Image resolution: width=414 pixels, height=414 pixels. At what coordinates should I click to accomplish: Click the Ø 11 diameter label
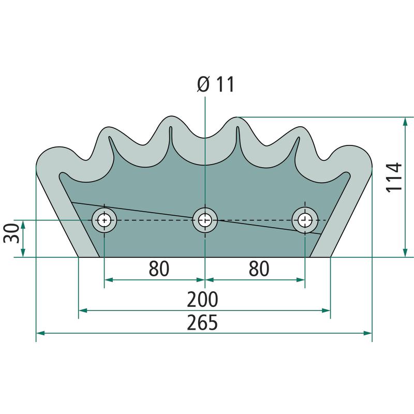tap(216, 84)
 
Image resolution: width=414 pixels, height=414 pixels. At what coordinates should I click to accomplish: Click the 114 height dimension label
tap(394, 178)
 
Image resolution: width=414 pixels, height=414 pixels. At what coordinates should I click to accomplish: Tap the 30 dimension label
tap(11, 233)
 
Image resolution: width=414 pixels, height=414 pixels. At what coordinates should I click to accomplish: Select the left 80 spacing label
tap(159, 268)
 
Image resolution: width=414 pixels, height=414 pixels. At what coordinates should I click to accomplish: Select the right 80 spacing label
tap(259, 268)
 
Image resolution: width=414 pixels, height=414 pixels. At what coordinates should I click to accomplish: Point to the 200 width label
tap(202, 299)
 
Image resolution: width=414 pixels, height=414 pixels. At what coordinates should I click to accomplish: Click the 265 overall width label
tap(202, 322)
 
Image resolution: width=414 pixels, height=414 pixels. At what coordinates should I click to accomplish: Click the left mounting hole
tap(105, 220)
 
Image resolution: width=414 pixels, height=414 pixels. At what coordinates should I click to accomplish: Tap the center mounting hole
tap(205, 220)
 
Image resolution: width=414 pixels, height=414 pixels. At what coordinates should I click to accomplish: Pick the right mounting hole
tap(305, 220)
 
